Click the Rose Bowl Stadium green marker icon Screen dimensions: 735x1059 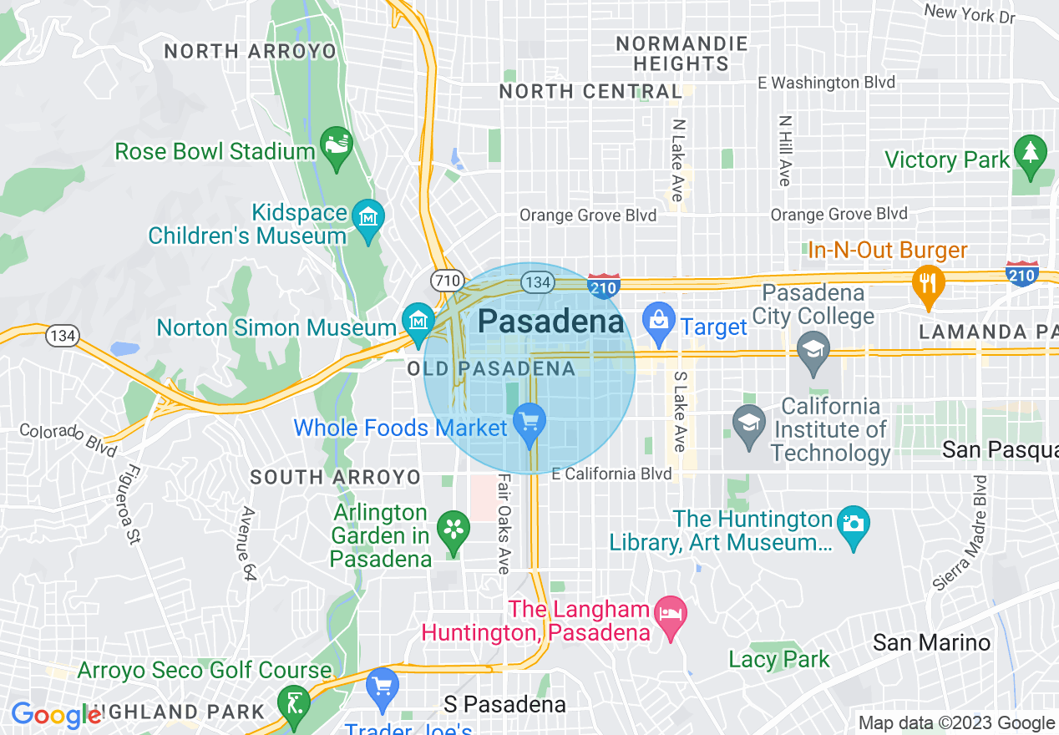[337, 148]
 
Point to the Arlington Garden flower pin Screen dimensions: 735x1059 [453, 530]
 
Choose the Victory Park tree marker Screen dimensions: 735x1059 [1031, 154]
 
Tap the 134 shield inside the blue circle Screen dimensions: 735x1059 [537, 281]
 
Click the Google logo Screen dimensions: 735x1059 [56, 715]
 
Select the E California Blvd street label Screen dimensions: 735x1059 [611, 474]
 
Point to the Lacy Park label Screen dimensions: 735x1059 [779, 659]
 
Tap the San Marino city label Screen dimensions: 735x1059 [931, 642]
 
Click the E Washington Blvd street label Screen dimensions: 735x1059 [825, 83]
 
